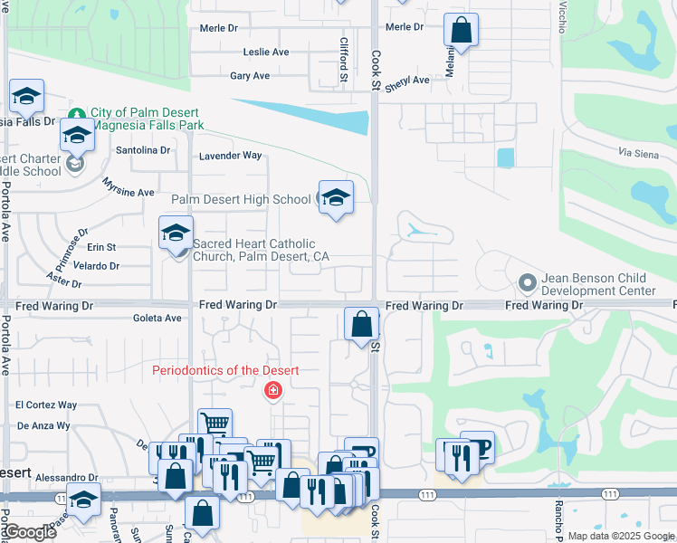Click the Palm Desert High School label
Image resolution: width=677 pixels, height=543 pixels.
pyautogui.click(x=241, y=199)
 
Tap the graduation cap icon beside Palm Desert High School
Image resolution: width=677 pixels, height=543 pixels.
pyautogui.click(x=335, y=198)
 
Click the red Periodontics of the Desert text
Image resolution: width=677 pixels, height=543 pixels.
pyautogui.click(x=225, y=370)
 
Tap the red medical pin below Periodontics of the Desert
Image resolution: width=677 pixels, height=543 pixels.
pyautogui.click(x=271, y=391)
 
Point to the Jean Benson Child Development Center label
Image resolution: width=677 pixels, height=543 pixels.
pyautogui.click(x=598, y=285)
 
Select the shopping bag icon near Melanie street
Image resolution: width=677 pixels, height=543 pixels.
pyautogui.click(x=462, y=30)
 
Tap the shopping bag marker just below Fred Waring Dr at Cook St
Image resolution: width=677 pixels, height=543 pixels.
pyautogui.click(x=361, y=324)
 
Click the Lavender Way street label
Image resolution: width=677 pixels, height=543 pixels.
pyautogui.click(x=230, y=156)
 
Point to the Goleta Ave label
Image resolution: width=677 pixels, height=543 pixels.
pyautogui.click(x=157, y=318)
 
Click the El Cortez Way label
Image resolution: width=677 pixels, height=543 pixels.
pyautogui.click(x=46, y=405)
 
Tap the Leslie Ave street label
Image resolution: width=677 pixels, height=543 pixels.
pyautogui.click(x=266, y=52)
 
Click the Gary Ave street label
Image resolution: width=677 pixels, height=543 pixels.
pyautogui.click(x=250, y=77)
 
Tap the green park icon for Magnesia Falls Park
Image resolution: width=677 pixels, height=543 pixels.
pyautogui.click(x=79, y=114)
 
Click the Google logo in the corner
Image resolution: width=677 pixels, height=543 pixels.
pyautogui.click(x=31, y=532)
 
